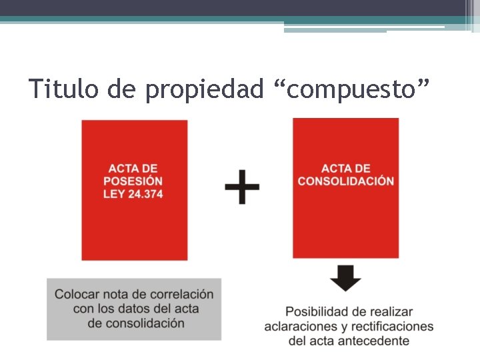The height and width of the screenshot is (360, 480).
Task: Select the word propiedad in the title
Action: [204, 89]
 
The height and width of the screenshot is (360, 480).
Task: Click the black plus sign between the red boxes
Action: [242, 186]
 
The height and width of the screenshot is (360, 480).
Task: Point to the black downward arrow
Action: [345, 277]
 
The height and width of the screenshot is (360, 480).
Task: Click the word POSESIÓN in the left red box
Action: [133, 181]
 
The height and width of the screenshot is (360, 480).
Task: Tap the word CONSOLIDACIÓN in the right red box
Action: [346, 181]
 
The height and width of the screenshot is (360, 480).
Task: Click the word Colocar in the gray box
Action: [78, 294]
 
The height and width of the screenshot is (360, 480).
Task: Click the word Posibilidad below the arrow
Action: [316, 311]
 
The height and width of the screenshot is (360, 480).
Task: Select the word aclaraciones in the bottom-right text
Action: [300, 326]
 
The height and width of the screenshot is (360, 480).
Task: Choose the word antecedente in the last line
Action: [375, 341]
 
